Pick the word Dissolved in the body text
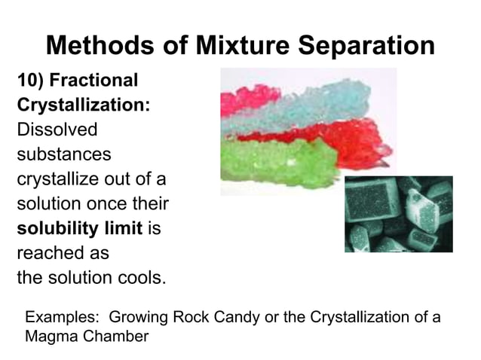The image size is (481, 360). click(57, 130)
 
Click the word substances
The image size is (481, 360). click(64, 154)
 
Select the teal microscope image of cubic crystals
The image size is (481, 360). click(399, 214)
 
